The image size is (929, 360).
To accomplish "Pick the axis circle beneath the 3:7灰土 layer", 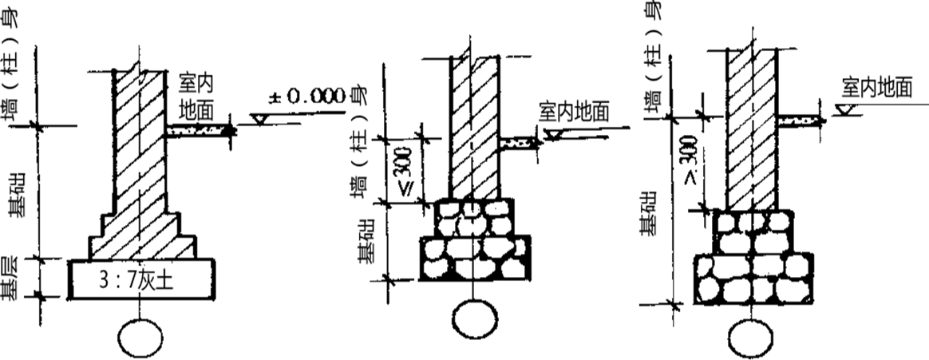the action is point(140,338).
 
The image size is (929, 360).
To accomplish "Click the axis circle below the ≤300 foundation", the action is point(475,319).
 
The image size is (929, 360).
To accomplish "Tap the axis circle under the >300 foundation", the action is point(751,338).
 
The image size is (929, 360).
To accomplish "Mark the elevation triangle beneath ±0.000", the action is point(259,120).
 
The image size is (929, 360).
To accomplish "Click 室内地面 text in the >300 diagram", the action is point(877,89).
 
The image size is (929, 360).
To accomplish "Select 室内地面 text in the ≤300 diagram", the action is point(574,111).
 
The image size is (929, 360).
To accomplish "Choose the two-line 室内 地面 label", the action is point(196,97).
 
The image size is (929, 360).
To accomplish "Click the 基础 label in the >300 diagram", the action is point(650,213).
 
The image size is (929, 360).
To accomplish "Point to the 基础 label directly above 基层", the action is point(16,194).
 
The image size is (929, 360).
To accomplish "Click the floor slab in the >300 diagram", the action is point(801,121).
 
